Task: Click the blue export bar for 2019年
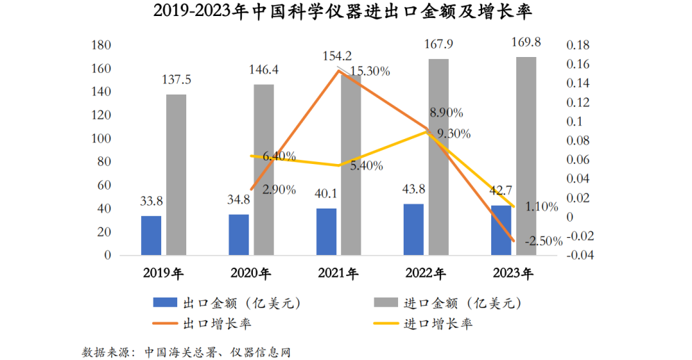click(x=151, y=236)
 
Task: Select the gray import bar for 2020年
click(x=263, y=170)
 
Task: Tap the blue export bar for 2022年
click(x=414, y=229)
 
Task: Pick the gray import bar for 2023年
click(x=526, y=156)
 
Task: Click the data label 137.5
click(x=176, y=80)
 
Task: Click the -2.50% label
click(x=543, y=240)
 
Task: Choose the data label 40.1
click(x=327, y=194)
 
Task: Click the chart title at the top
click(x=345, y=13)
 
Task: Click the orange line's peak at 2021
click(x=338, y=71)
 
